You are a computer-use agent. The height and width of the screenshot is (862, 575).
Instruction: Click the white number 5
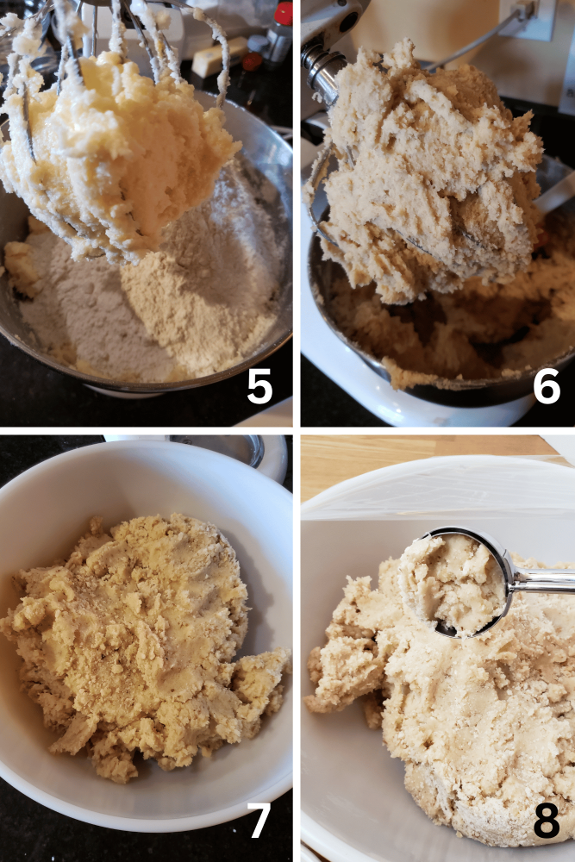[x=259, y=386]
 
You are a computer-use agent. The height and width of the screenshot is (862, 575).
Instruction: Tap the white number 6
[x=547, y=386]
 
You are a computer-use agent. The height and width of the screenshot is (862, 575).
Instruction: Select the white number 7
[x=259, y=821]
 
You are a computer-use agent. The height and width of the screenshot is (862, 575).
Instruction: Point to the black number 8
[x=547, y=821]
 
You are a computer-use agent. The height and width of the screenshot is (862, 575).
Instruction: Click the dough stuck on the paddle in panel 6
[x=431, y=172]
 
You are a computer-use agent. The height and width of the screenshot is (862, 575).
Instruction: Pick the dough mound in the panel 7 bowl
[x=138, y=638]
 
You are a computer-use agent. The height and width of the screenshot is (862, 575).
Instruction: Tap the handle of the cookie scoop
[x=543, y=581]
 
